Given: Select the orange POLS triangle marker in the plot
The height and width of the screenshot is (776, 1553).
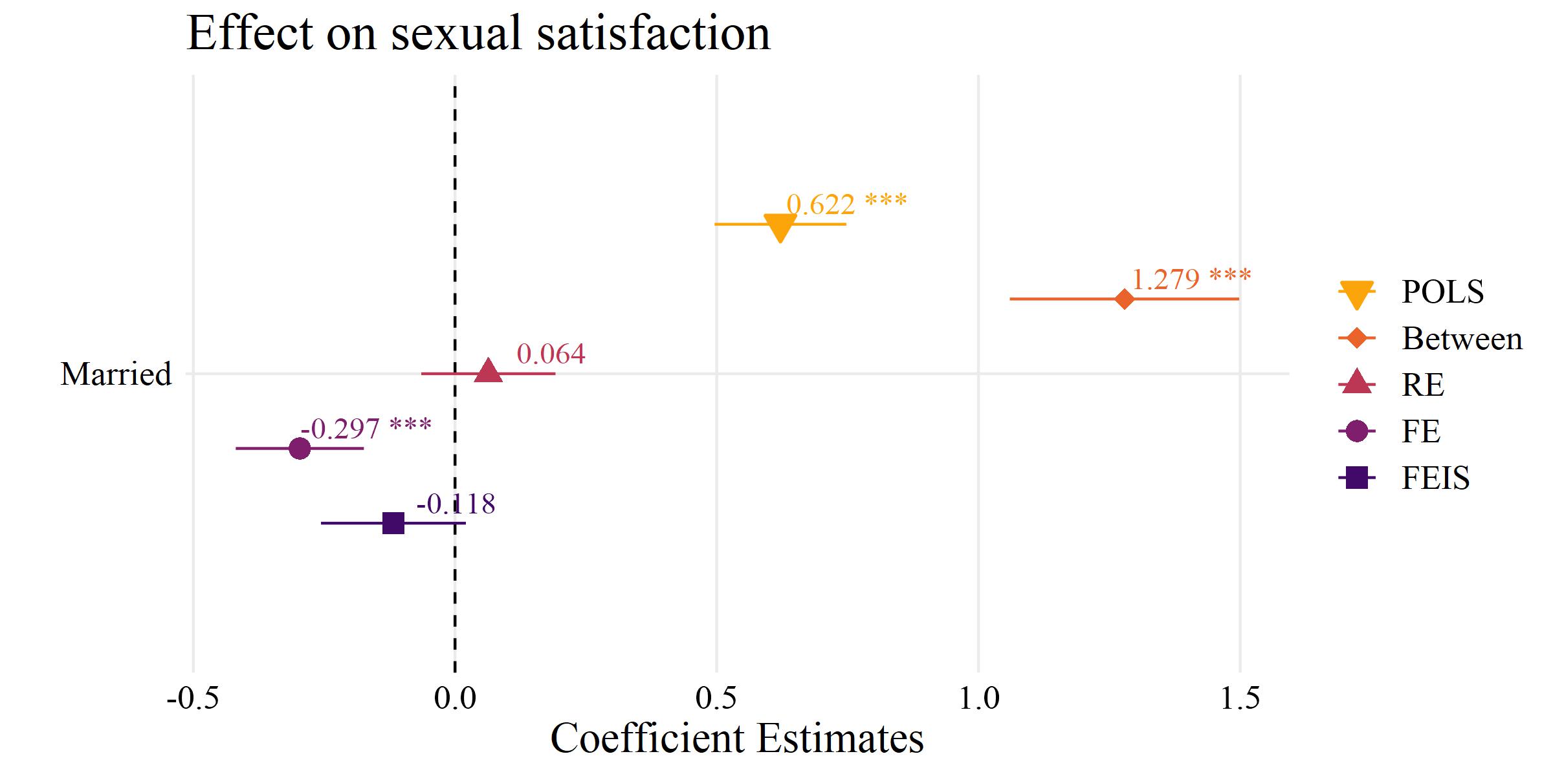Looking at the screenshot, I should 780,226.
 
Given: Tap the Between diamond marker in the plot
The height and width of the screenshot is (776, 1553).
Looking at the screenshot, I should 1125,299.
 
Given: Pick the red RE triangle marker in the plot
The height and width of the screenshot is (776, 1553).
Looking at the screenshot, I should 489,372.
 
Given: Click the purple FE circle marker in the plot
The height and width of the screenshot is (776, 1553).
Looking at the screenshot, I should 300,448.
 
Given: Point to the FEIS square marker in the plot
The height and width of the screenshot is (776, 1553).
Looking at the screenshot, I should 393,523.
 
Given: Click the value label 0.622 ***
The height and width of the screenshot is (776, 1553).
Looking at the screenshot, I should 846,204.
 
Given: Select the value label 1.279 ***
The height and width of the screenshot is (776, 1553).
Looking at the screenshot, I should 1191,279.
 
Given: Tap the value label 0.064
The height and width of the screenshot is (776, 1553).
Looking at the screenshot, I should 551,354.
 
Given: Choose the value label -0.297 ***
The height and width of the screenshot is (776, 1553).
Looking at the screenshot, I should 366,428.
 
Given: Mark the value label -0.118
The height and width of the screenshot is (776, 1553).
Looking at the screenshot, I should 456,504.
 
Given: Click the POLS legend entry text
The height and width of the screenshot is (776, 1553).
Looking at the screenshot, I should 1442,292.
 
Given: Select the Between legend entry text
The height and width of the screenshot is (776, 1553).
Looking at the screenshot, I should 1462,339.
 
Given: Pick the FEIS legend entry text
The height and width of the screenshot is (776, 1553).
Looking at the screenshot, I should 1435,479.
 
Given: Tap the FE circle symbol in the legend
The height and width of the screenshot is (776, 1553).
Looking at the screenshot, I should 1356,431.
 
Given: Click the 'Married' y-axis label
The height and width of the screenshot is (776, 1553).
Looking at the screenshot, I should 116,374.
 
